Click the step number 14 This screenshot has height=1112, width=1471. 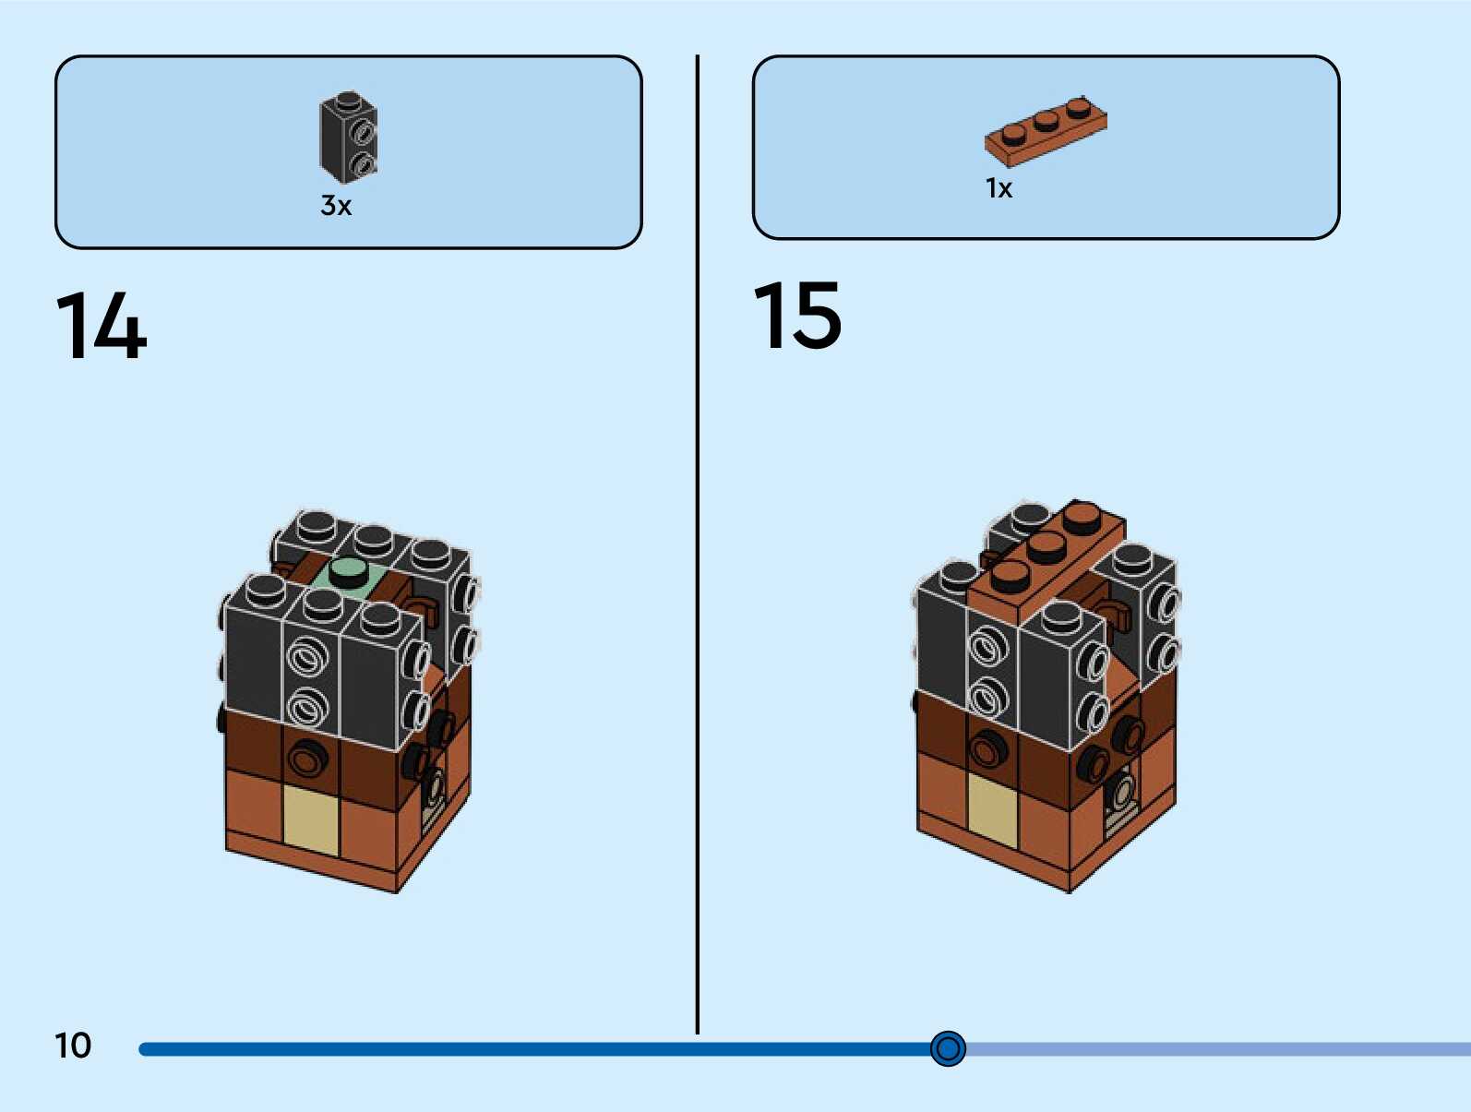point(102,325)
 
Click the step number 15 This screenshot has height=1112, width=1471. point(797,316)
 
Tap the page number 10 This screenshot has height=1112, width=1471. point(73,1046)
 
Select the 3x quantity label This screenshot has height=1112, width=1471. point(336,205)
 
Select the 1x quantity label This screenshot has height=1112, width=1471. point(999,188)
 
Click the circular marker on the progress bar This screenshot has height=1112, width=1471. point(948,1048)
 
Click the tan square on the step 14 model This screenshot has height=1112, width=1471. point(311,819)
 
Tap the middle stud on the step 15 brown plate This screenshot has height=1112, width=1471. point(1046,545)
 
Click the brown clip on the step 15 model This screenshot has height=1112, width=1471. point(1115,616)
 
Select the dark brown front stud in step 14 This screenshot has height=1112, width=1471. point(306,759)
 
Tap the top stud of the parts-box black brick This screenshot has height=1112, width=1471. point(348,100)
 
